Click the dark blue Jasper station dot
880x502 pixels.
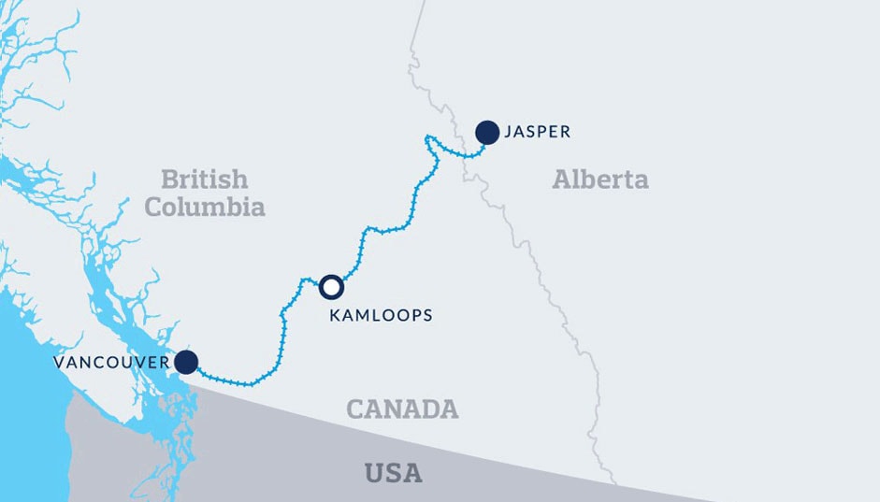[487, 133]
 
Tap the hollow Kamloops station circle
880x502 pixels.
[331, 287]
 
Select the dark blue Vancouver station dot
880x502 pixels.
[187, 362]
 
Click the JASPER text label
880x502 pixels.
[537, 133]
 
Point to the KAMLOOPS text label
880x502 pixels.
[381, 316]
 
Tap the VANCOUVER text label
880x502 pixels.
[111, 362]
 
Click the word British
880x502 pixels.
[204, 179]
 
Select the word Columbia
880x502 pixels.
[205, 207]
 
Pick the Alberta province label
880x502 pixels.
[600, 179]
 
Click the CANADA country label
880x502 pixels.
[402, 409]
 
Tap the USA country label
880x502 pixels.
[393, 473]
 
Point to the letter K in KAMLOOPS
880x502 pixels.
[335, 316]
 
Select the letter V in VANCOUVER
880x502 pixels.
[58, 362]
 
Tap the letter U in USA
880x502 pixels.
[373, 473]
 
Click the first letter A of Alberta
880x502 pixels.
[561, 179]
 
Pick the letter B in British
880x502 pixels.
[168, 179]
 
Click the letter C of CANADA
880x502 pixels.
[355, 409]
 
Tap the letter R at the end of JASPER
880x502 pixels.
[565, 133]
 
